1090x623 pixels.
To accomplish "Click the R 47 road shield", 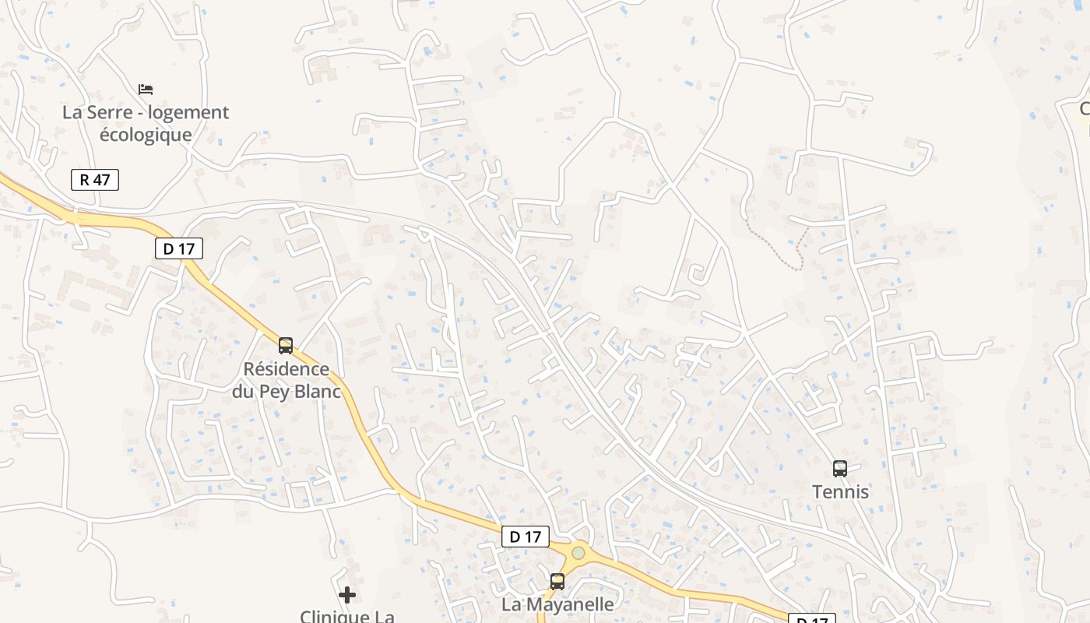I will point(95,180).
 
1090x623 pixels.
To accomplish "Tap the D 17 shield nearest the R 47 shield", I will point(179,248).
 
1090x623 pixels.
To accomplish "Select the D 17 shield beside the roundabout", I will point(525,537).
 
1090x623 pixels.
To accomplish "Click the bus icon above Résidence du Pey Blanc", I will point(286,345).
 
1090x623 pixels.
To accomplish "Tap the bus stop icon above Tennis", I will point(839,468).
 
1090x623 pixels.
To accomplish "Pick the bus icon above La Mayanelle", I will point(557,581).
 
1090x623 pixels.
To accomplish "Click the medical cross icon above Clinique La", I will point(347,596).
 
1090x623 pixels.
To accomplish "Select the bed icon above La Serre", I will point(146,90).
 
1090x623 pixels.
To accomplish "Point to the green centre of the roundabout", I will point(578,553).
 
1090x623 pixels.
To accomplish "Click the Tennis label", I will point(840,492).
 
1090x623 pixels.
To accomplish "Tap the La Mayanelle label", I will point(557,604).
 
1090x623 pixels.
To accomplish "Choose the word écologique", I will point(146,135).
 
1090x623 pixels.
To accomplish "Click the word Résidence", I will point(286,368).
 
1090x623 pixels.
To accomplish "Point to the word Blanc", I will point(315,391).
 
